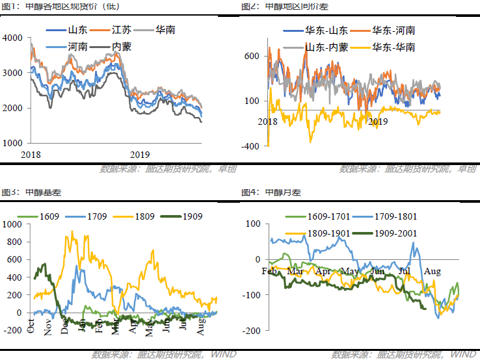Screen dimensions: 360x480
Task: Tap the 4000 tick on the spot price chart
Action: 12,38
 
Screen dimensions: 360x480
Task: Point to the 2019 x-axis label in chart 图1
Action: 139,155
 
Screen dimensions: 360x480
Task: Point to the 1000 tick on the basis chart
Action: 12,224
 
